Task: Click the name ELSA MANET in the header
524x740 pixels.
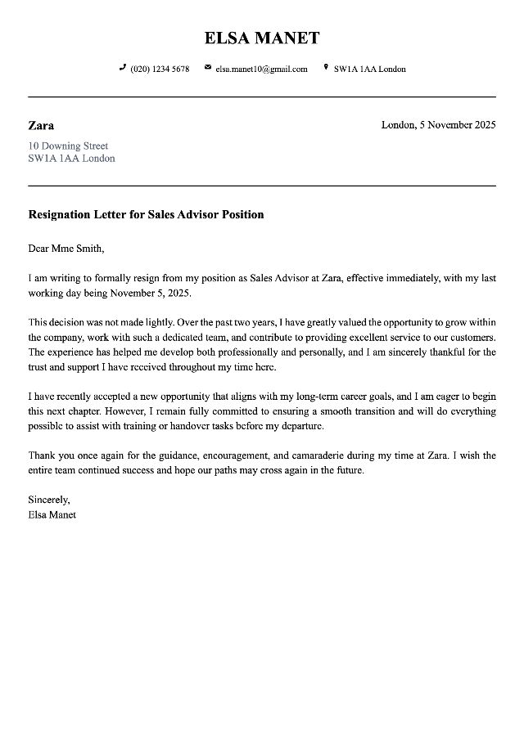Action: click(262, 38)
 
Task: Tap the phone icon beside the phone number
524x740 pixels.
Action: click(122, 68)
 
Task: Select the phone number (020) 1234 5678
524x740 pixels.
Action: click(160, 69)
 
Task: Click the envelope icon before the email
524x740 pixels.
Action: click(208, 68)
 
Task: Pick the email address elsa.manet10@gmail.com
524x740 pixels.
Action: click(261, 69)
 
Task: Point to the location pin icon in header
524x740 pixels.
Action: click(326, 68)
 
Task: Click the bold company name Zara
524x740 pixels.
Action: click(41, 125)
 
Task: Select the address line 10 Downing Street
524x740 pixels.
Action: click(68, 146)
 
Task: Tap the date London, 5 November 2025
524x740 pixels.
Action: click(438, 125)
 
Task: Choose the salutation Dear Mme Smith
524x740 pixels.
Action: click(66, 249)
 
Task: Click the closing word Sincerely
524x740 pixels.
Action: click(49, 499)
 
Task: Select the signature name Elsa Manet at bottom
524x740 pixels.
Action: click(52, 514)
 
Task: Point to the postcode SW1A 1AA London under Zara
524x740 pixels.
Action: click(71, 158)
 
